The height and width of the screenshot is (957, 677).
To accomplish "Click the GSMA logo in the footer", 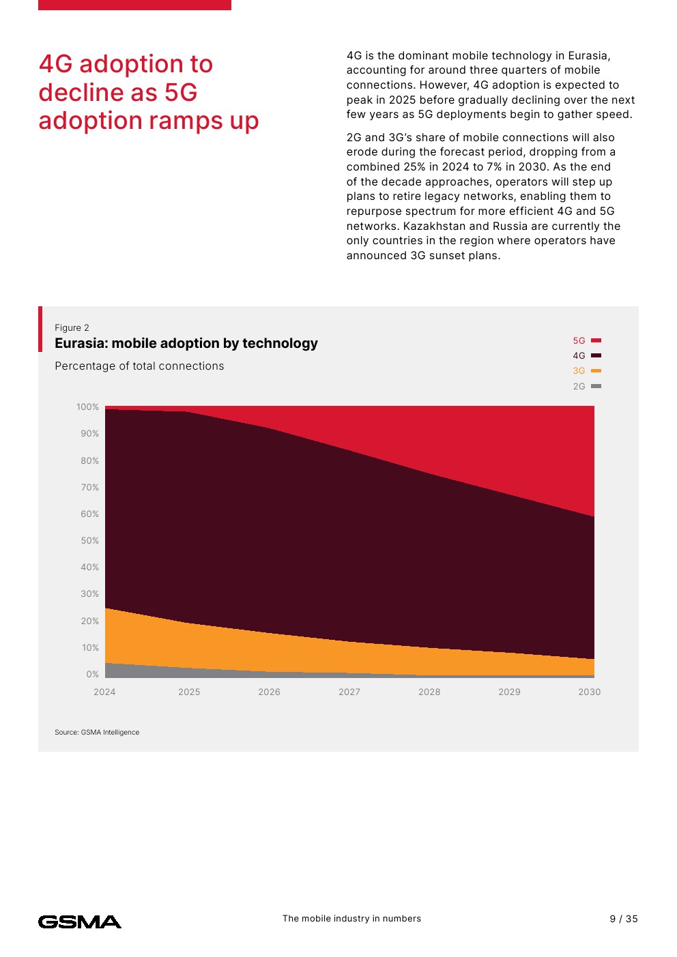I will [80, 922].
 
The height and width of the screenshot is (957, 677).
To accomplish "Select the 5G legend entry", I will [586, 340].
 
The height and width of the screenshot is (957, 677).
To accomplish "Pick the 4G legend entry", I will [586, 355].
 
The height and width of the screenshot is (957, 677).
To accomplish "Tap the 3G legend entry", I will [586, 371].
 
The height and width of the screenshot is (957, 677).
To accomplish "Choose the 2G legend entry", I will [586, 386].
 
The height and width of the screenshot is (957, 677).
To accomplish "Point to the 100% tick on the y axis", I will [88, 407].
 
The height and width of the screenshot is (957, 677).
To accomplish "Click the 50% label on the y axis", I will [90, 541].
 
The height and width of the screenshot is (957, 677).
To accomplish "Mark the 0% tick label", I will [93, 675].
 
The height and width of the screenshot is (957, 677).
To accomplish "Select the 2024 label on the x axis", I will [104, 692].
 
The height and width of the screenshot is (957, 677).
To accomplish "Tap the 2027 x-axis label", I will [349, 692].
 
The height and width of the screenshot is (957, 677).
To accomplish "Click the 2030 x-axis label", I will [590, 692].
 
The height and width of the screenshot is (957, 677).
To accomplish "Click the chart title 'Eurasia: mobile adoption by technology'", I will [186, 343].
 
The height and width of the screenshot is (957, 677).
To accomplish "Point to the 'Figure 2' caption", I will [72, 327].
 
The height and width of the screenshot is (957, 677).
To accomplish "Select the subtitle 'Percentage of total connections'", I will [139, 366].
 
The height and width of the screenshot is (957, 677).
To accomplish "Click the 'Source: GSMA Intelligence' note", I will [97, 732].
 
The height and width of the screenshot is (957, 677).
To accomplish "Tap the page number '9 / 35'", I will [624, 919].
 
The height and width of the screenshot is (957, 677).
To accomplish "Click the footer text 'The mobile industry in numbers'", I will [351, 919].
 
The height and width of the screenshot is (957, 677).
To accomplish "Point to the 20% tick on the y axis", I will [90, 621].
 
